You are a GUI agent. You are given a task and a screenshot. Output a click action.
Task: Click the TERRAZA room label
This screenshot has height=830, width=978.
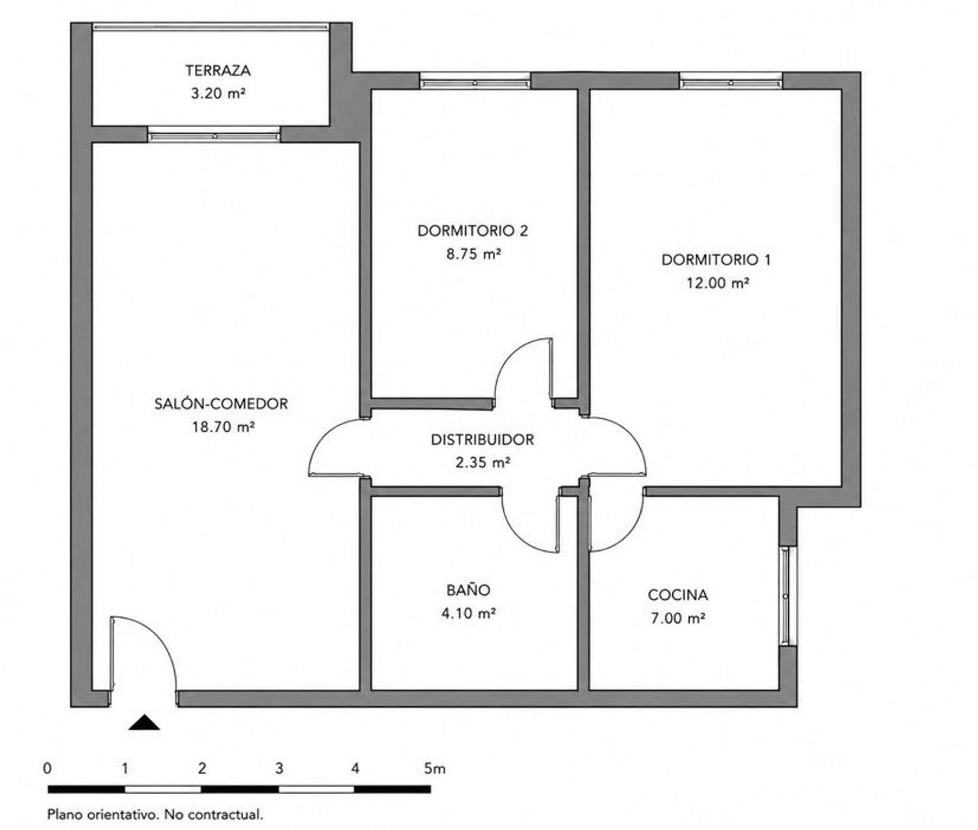click(218, 71)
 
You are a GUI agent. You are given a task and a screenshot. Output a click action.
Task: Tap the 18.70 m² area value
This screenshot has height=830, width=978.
click(224, 427)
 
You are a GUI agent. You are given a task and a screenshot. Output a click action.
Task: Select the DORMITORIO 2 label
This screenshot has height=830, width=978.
click(473, 231)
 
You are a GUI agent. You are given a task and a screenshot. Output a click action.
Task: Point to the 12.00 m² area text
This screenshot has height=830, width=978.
click(718, 283)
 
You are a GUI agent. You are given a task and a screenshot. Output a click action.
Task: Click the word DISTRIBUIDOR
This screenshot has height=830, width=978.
click(482, 439)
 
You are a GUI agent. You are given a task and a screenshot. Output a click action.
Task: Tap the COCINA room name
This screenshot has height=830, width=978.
click(677, 595)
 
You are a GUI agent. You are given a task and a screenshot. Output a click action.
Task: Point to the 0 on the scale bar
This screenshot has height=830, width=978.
click(48, 769)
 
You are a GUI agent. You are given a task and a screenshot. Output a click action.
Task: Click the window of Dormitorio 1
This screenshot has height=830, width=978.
click(731, 82)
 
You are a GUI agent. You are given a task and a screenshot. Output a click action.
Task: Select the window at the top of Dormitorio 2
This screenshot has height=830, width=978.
click(475, 82)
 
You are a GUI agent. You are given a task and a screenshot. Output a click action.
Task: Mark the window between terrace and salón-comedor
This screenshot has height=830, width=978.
click(214, 135)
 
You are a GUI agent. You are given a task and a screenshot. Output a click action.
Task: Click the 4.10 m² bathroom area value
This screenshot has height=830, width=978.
click(468, 614)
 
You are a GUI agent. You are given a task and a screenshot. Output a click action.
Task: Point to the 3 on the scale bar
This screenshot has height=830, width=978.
click(279, 769)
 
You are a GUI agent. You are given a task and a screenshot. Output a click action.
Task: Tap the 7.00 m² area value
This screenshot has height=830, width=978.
click(679, 619)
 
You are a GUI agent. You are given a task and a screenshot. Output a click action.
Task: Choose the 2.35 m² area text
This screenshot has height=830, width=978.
click(482, 462)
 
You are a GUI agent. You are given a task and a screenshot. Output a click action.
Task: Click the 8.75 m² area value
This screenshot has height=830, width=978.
click(473, 254)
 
